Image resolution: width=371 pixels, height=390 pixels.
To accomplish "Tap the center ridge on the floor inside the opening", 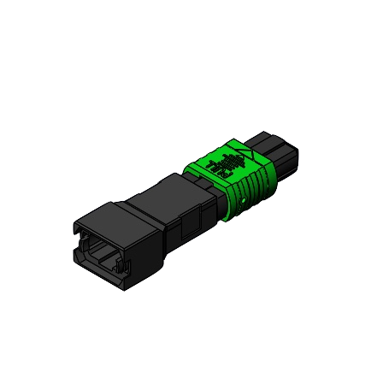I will [x=104, y=260].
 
